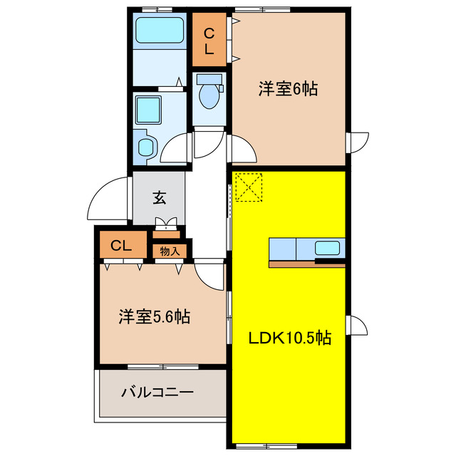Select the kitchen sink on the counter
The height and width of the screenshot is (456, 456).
[x=328, y=249]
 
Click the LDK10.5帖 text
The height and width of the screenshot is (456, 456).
[x=288, y=337]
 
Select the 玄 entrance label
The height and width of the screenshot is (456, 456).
[x=159, y=199]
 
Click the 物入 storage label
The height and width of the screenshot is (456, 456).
[x=170, y=251]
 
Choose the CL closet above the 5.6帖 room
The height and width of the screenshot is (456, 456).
[x=120, y=247]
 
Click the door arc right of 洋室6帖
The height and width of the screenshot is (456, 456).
[x=358, y=142]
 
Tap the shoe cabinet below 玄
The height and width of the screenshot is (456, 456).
[x=167, y=231]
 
